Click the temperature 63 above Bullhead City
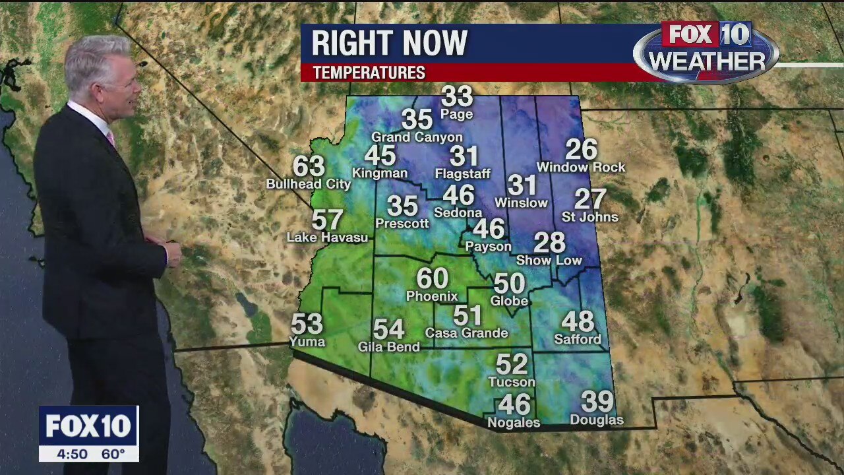309,166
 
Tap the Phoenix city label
432,296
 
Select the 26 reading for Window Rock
581,150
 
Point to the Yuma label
307,341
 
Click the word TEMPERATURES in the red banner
369,73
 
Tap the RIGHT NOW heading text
389,44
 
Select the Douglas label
596,420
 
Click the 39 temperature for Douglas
597,401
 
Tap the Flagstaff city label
463,174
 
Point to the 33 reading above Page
457,96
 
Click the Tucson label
512,382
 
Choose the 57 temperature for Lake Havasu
327,220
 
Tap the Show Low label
549,261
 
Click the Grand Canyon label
417,137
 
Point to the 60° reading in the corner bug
113,454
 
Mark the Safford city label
578,340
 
